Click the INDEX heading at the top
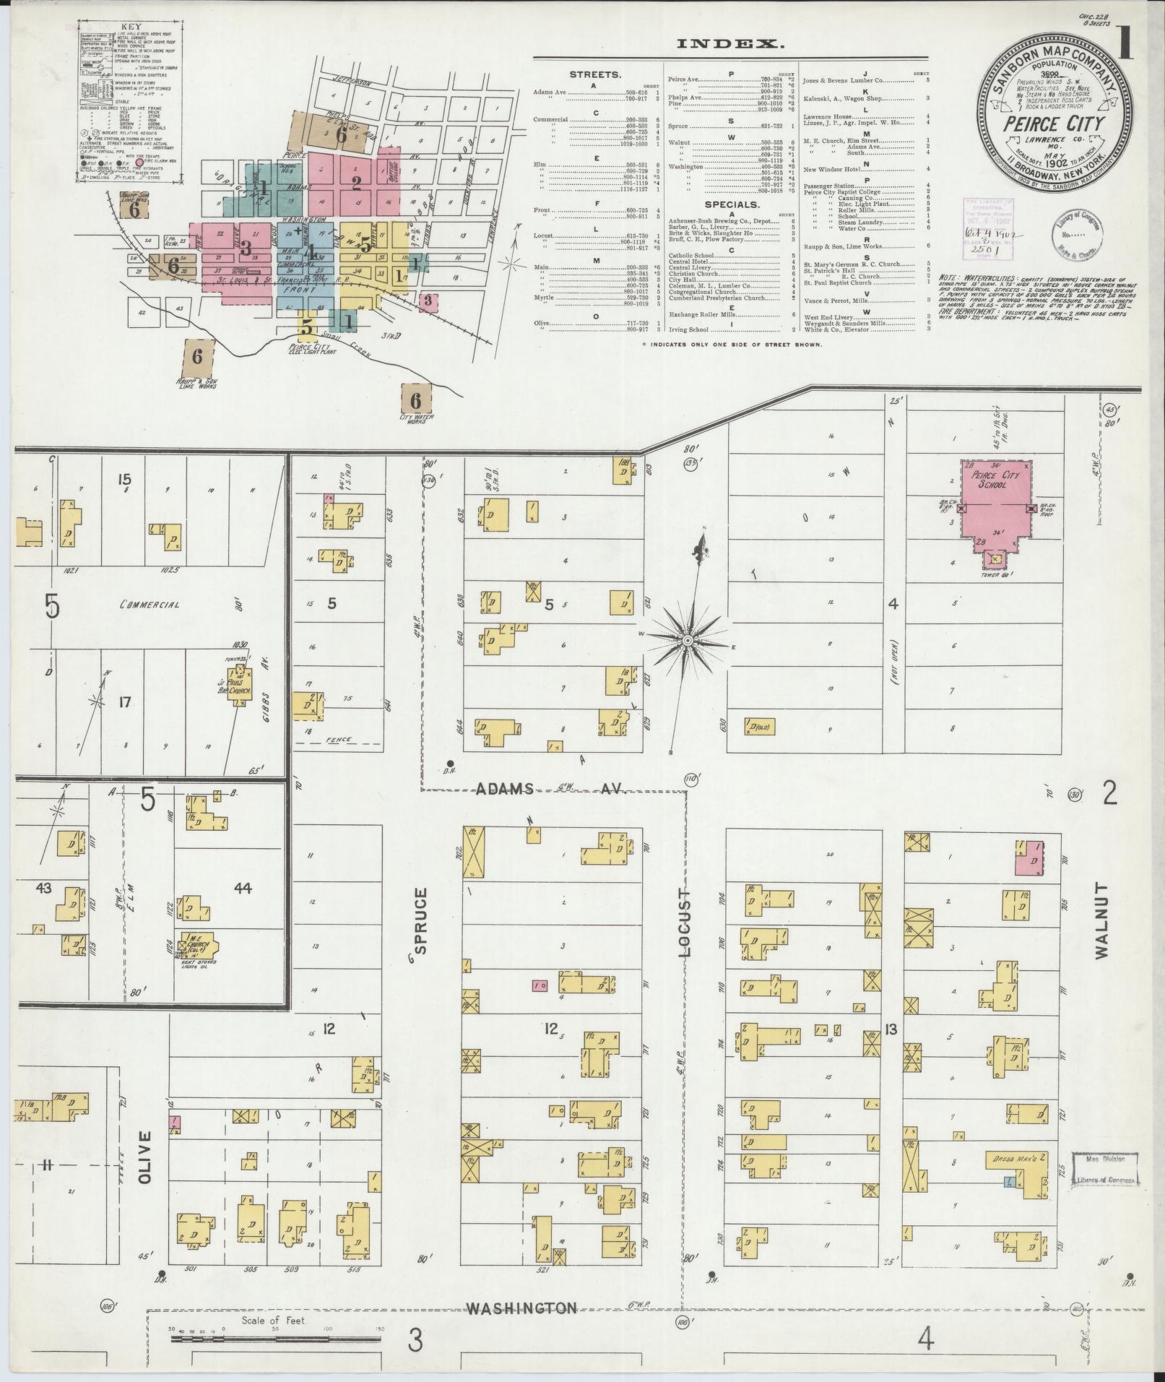point(729,44)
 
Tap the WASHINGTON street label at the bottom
point(521,1308)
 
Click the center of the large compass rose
point(688,640)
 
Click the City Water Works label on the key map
point(415,418)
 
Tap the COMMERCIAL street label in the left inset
point(150,605)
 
